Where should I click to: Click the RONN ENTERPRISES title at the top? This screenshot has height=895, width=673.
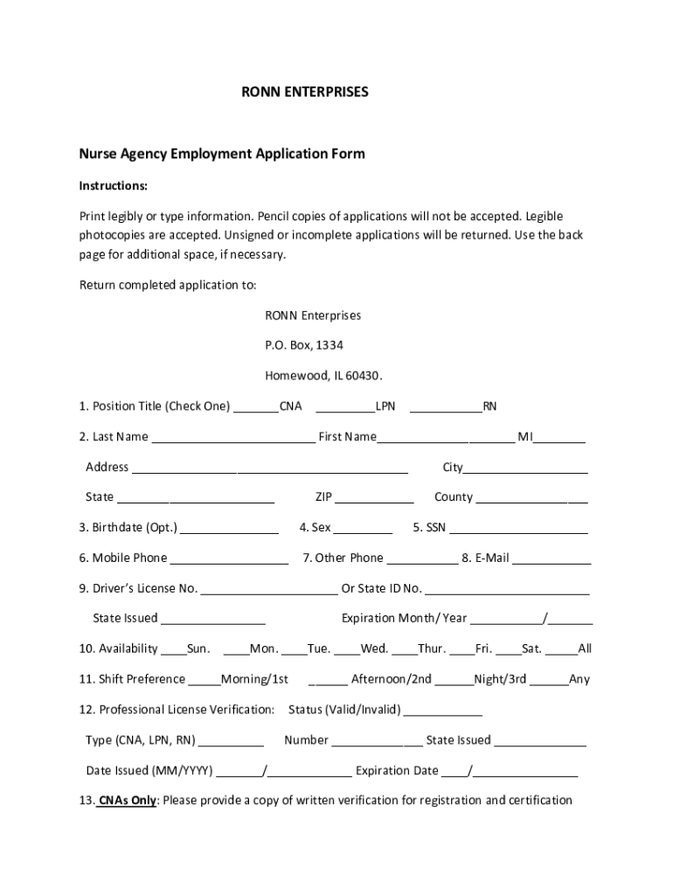pos(305,91)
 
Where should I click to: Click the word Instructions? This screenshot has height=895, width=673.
pos(114,185)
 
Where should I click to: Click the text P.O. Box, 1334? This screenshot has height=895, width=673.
pos(304,345)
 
